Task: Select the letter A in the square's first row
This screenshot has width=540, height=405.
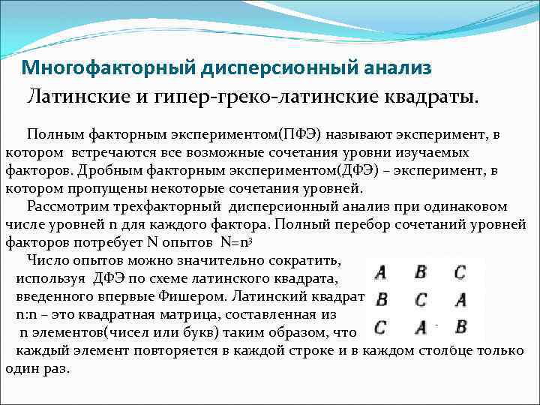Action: (x=381, y=272)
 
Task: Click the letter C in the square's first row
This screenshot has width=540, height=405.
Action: (x=460, y=272)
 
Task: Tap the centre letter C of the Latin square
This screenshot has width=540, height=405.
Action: (x=421, y=300)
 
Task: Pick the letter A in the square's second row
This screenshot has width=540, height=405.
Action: (x=460, y=300)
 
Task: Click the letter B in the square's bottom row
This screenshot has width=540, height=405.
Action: (x=460, y=327)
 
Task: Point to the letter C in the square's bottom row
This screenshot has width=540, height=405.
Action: (x=381, y=327)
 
